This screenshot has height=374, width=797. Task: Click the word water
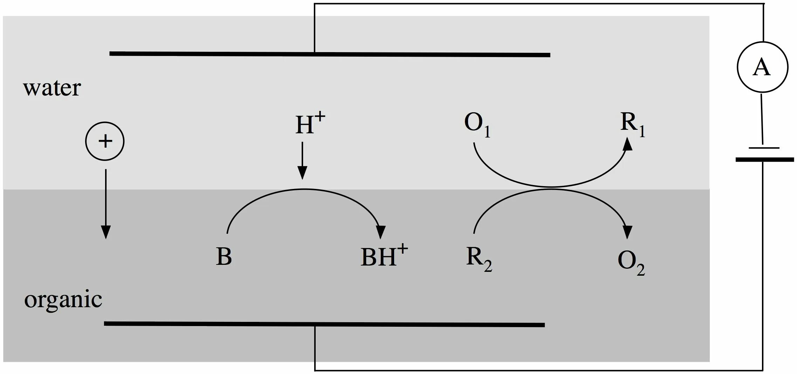coord(52,88)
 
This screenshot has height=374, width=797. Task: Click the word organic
coord(63,300)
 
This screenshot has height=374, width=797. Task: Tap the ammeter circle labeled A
coord(762,67)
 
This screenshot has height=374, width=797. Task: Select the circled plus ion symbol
coord(105,141)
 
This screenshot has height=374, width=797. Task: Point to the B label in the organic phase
coord(224,256)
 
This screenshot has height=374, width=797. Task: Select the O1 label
coord(477,125)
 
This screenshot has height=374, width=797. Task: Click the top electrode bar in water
coord(329,54)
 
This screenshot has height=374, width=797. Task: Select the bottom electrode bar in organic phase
coord(324,324)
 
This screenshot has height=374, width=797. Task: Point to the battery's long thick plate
coord(764,160)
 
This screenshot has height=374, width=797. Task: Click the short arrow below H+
coord(302,161)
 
